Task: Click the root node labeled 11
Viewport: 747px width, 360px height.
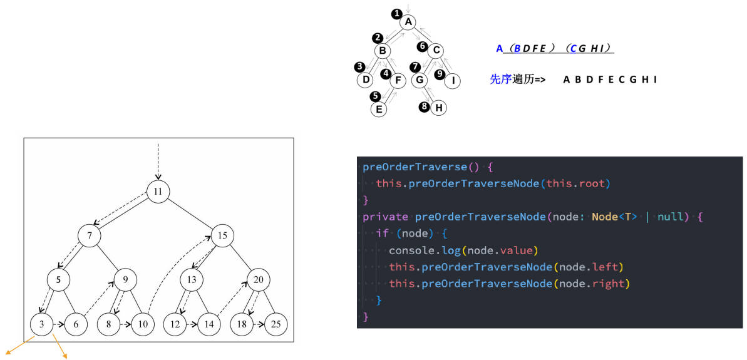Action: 158,192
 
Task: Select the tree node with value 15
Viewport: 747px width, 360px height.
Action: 222,235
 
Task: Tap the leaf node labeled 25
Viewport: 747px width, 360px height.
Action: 276,324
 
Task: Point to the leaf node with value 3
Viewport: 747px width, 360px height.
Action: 42,324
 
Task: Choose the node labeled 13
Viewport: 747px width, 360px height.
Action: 192,280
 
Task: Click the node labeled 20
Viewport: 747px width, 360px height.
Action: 258,280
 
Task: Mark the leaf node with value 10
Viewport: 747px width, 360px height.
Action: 143,324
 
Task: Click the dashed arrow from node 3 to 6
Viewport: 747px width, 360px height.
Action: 59,324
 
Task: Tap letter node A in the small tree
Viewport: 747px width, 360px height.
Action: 408,22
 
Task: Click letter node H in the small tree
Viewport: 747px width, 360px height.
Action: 439,108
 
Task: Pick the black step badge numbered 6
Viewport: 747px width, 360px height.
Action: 421,46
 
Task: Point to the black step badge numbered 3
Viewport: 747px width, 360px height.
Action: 359,66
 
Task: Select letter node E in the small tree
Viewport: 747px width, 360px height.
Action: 379,109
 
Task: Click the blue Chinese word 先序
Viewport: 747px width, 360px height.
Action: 501,80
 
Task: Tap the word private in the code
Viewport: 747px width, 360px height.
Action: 385,217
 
